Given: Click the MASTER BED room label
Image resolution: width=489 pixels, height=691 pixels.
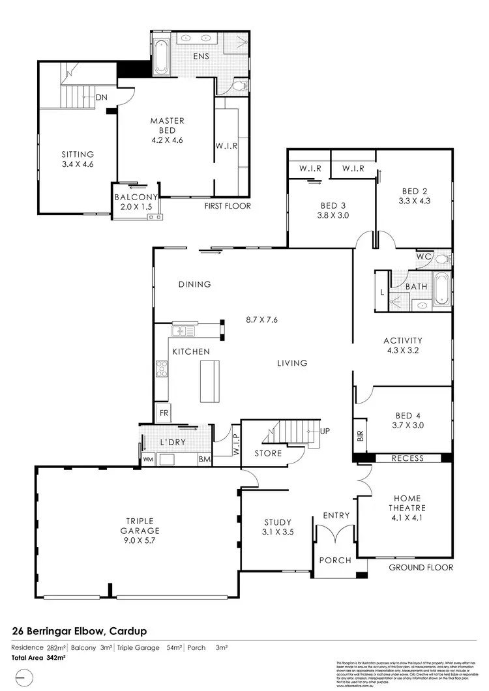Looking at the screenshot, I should [167, 126].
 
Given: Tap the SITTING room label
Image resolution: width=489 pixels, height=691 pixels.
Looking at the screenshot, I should [78, 159].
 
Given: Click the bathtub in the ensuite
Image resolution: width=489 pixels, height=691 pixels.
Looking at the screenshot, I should [162, 57].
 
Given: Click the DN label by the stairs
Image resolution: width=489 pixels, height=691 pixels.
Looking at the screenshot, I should [101, 98].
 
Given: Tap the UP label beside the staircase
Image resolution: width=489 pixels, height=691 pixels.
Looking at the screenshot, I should [325, 432].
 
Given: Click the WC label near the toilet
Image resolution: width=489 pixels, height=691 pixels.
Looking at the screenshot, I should [424, 257].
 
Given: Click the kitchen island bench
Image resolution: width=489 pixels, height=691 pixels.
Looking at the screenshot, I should [209, 381].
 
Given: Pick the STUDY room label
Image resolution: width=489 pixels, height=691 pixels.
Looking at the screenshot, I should [277, 527].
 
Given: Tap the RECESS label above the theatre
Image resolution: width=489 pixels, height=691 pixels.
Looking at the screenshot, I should [407, 458].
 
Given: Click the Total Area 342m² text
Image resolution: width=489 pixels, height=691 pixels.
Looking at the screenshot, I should [38, 658].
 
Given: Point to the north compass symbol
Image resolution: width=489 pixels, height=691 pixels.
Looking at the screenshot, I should [23, 678].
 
